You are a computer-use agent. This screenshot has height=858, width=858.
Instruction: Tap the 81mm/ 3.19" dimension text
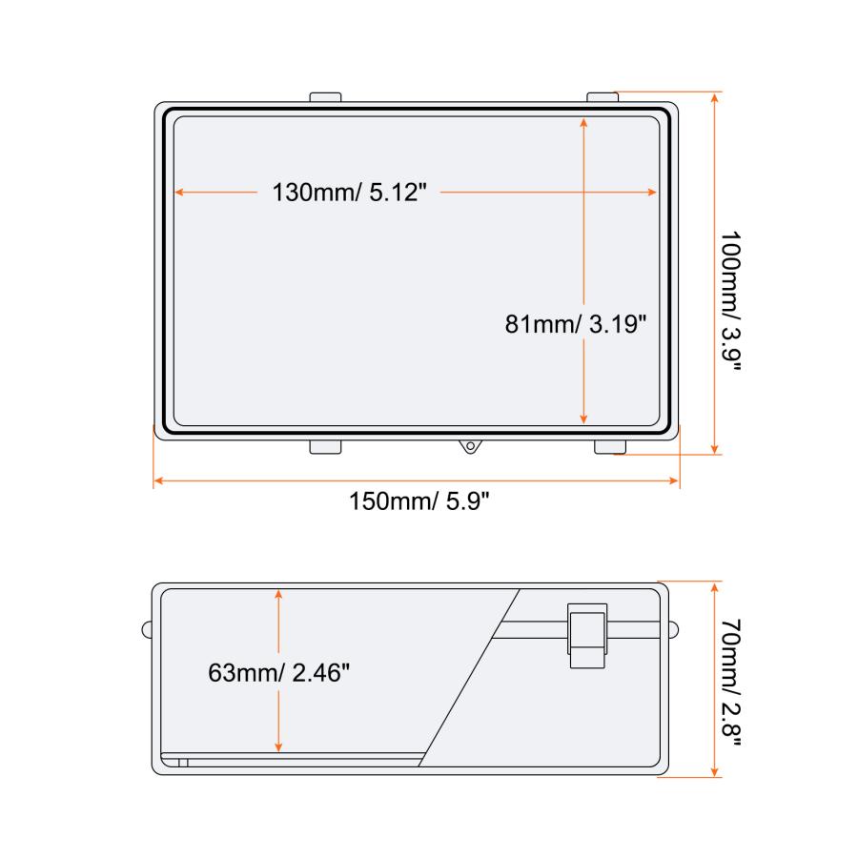[x=577, y=324]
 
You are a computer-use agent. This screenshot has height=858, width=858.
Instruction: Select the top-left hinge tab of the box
[x=326, y=97]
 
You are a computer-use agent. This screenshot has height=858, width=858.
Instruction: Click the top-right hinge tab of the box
[x=603, y=97]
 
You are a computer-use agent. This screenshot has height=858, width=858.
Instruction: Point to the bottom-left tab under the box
[x=326, y=446]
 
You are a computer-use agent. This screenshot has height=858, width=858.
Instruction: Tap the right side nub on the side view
[x=674, y=628]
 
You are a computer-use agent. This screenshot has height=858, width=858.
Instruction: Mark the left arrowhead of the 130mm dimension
[x=178, y=193]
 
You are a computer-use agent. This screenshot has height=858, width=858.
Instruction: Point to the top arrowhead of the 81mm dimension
[x=584, y=121]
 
